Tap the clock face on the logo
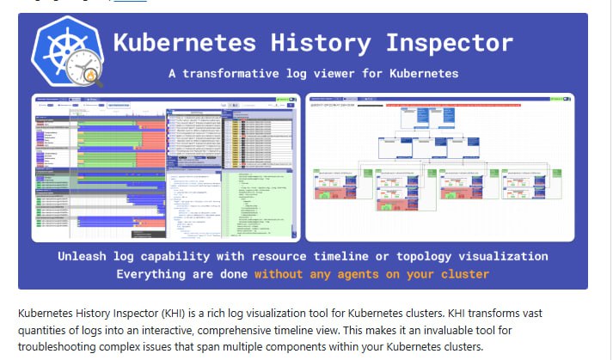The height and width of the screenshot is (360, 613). [x=86, y=70]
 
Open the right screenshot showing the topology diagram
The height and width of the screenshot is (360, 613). [x=439, y=167]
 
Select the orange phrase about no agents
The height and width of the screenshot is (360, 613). [x=371, y=274]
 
